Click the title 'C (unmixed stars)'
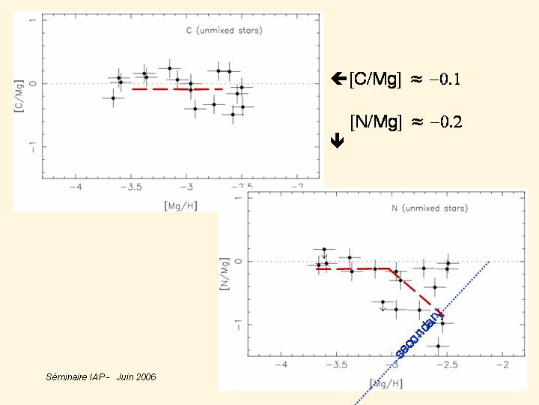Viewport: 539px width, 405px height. (224, 31)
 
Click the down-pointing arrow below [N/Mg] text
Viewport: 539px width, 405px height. (337, 139)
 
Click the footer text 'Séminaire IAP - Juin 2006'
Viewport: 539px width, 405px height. (101, 376)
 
